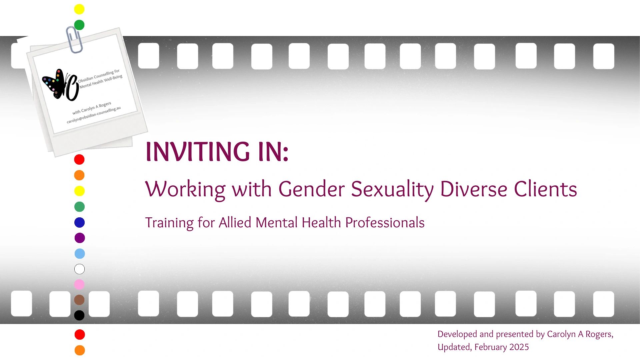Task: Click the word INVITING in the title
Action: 198,152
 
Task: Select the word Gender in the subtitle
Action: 311,190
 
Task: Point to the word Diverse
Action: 474,189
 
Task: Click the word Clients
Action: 545,189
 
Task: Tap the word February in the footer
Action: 490,347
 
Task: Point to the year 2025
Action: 519,347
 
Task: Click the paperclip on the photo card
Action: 74,39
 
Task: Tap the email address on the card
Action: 94,115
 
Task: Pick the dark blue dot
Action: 79,222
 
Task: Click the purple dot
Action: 79,238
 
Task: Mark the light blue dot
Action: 79,254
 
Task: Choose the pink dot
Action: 79,284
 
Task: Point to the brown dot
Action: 79,300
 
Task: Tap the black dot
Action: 79,315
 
